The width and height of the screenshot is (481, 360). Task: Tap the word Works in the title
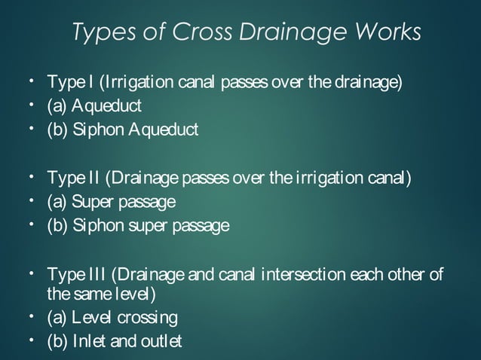tap(381, 32)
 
